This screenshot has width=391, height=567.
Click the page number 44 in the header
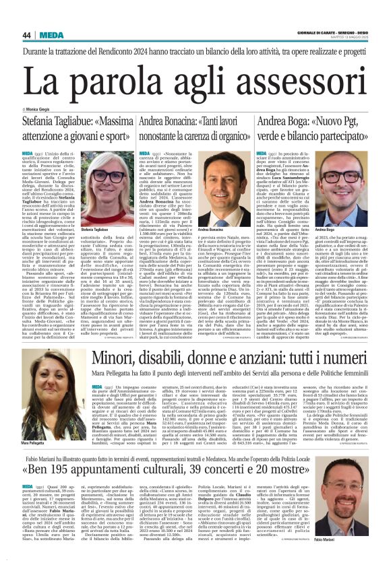tap(26, 35)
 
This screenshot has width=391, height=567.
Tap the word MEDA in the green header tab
tap(53, 35)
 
